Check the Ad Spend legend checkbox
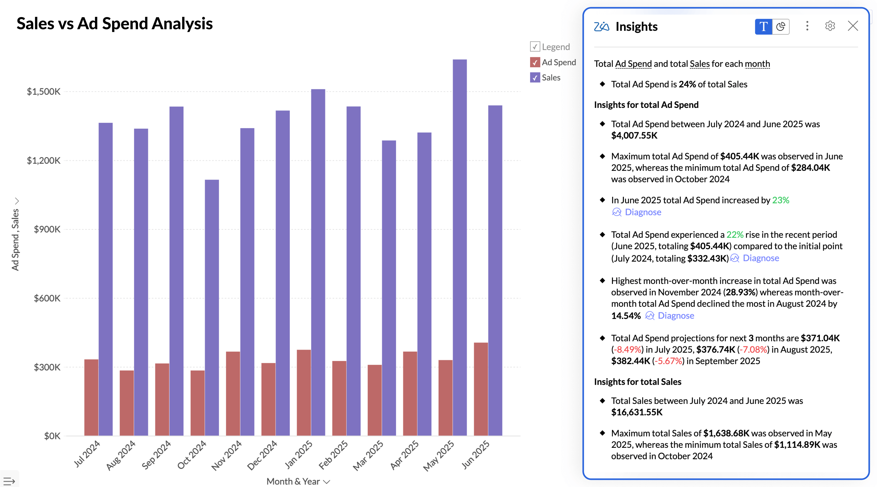click(x=535, y=62)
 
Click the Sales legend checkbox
click(x=535, y=78)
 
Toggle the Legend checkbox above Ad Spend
click(x=535, y=47)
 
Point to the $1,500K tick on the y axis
click(x=44, y=92)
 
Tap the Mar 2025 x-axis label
click(x=368, y=455)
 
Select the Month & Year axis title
click(x=293, y=481)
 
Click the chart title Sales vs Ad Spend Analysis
click(x=114, y=23)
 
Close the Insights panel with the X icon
click(x=853, y=26)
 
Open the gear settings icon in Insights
click(x=830, y=26)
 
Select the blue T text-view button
click(x=763, y=27)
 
